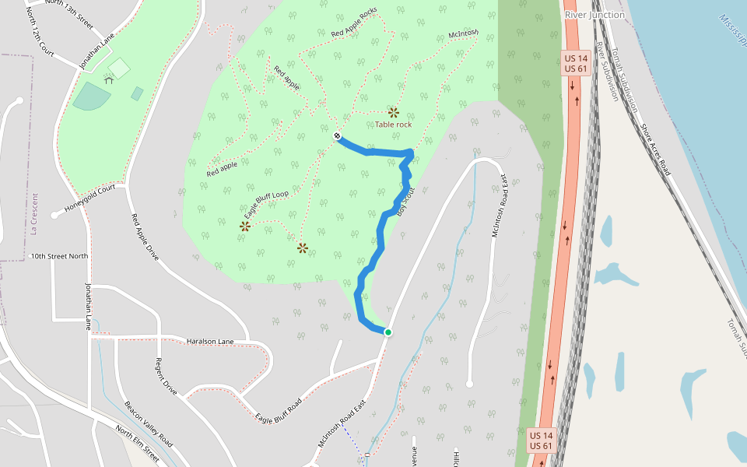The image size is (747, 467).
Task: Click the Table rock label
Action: (x=393, y=125)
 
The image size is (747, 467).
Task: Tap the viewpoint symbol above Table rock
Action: (x=394, y=112)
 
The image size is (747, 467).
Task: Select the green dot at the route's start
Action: (x=388, y=332)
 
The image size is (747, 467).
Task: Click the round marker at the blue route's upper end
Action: (x=338, y=136)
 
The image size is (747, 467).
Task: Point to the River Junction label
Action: (x=594, y=15)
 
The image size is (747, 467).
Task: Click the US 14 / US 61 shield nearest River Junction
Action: (x=576, y=64)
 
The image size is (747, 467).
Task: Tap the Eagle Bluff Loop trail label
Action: (x=266, y=204)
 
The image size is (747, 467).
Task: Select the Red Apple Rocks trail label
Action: (x=354, y=23)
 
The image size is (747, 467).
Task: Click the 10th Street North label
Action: (x=59, y=256)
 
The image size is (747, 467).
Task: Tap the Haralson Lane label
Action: (x=210, y=341)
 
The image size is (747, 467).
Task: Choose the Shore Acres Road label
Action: (x=654, y=149)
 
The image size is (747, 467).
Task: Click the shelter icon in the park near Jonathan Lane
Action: (x=108, y=79)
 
